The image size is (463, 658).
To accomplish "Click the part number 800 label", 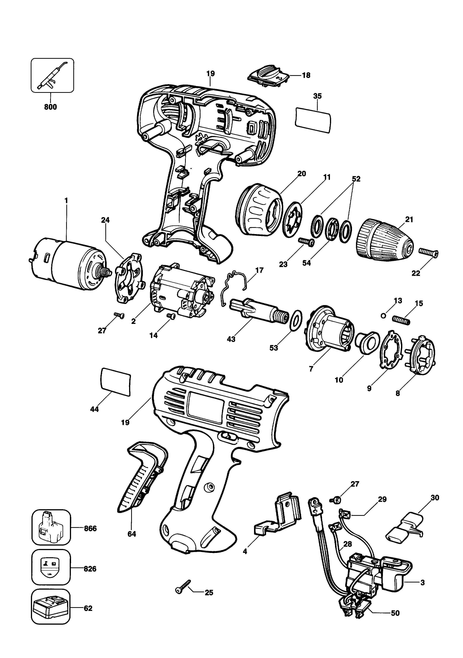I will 51,107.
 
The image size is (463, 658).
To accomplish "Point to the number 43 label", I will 231,339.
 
